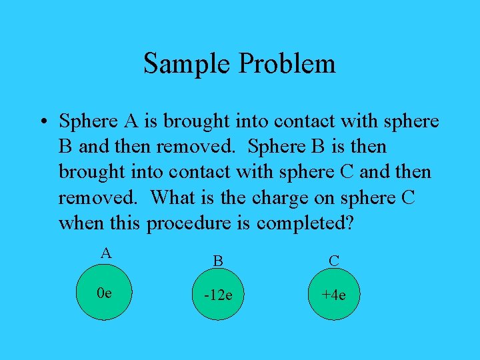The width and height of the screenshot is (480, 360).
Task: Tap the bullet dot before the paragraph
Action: pyautogui.click(x=42, y=123)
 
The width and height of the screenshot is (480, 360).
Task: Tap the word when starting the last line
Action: pyautogui.click(x=79, y=223)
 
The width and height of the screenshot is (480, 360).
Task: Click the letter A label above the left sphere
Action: pyautogui.click(x=105, y=253)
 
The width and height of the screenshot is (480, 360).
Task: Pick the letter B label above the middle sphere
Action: pyautogui.click(x=217, y=261)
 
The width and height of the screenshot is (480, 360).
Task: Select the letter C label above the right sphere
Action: pyautogui.click(x=334, y=261)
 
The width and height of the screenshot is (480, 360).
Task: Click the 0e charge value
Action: pyautogui.click(x=105, y=292)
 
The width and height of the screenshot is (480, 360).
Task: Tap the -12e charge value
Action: pyautogui.click(x=217, y=295)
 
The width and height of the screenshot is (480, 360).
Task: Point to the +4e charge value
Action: pyautogui.click(x=333, y=295)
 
